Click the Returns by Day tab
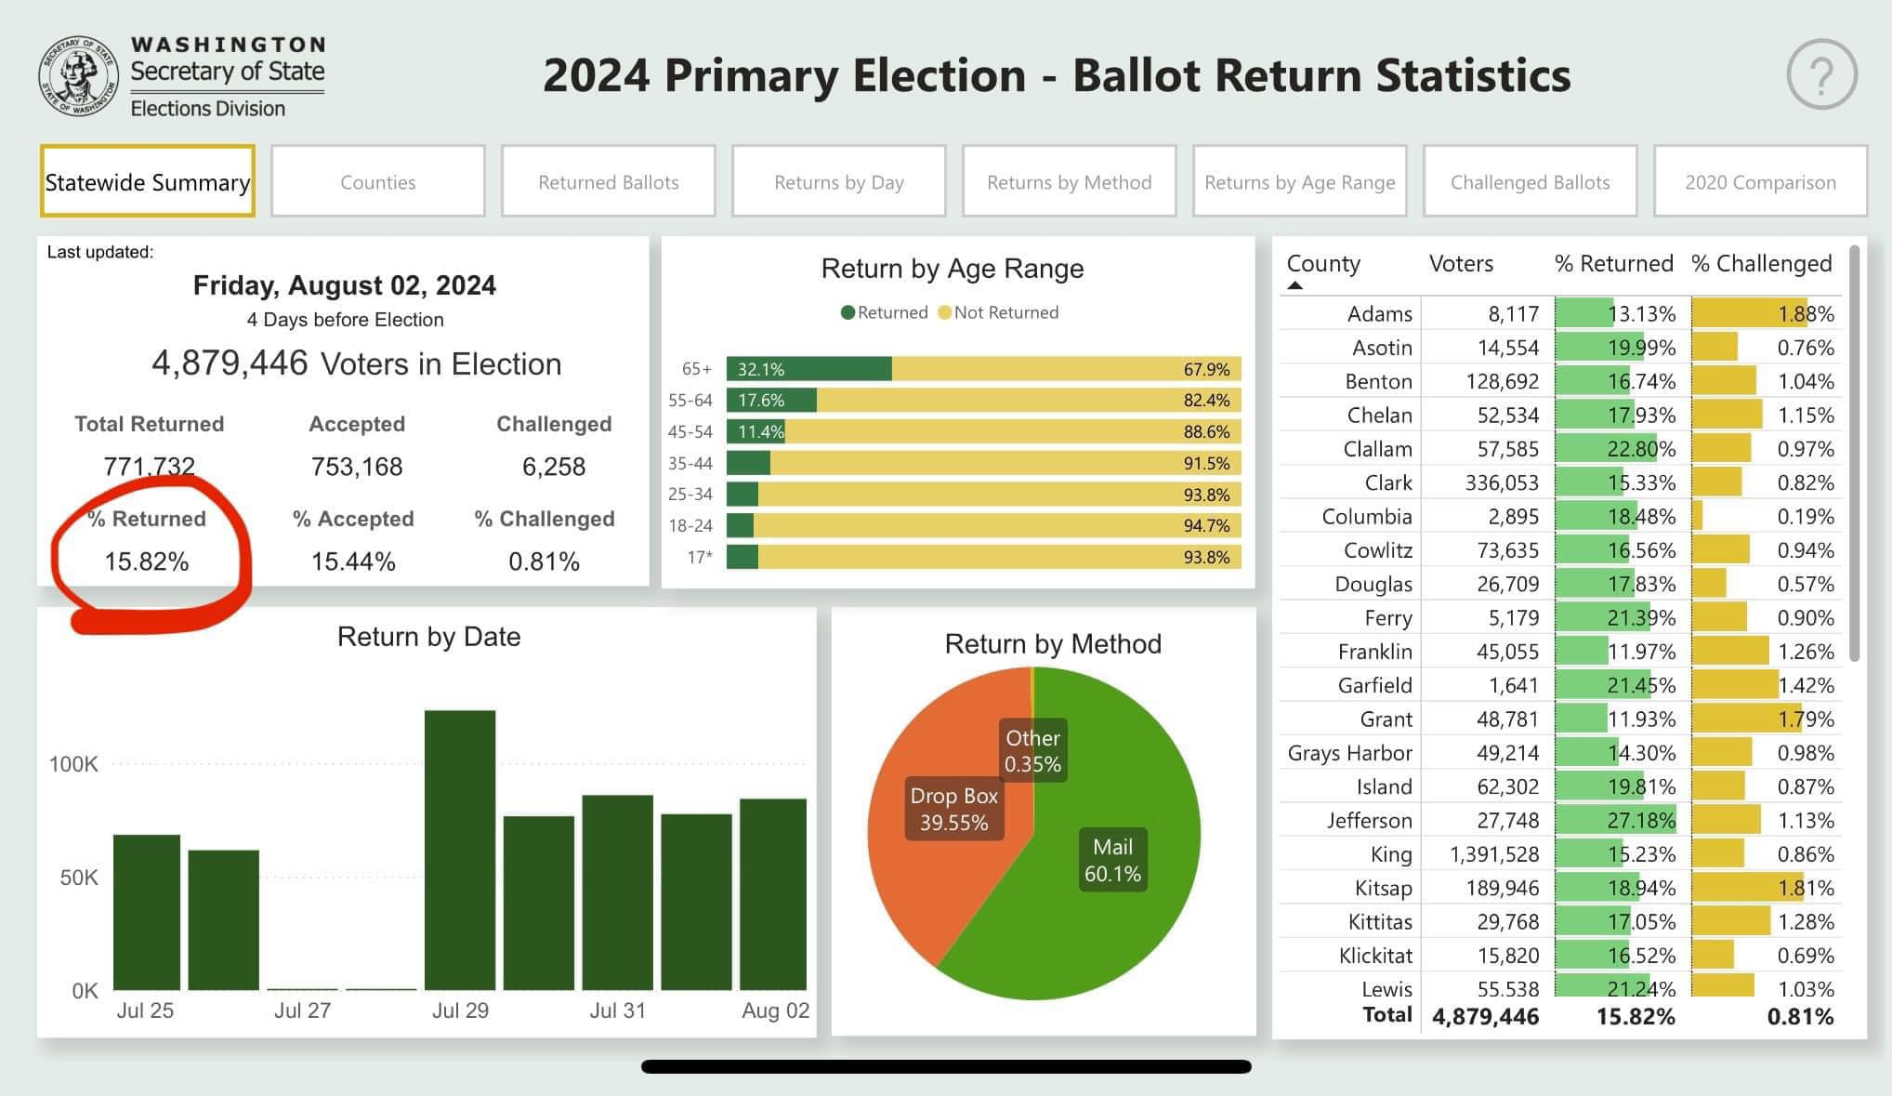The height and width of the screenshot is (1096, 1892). (x=838, y=181)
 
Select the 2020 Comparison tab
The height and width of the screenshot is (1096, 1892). (x=1760, y=181)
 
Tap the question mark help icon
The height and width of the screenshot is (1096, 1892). (x=1820, y=74)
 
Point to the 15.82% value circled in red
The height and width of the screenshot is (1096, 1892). (x=147, y=561)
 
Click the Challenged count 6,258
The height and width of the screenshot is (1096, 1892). (x=554, y=467)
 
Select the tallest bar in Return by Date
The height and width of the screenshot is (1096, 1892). (x=460, y=850)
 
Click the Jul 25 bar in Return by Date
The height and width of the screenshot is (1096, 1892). (x=147, y=911)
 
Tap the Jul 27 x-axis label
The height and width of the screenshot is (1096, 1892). (x=302, y=1010)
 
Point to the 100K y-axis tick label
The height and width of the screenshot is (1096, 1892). (x=73, y=764)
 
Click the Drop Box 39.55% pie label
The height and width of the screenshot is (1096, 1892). (x=953, y=809)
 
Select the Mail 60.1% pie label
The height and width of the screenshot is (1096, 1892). (x=1112, y=860)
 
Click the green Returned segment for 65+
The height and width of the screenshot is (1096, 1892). (x=808, y=369)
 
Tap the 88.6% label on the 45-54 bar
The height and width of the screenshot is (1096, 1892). (x=1206, y=431)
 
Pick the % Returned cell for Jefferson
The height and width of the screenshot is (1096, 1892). (x=1615, y=820)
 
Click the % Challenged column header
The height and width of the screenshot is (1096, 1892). (x=1761, y=264)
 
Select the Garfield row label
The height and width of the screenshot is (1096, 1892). (x=1374, y=685)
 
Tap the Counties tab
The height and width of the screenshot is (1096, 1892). (x=377, y=181)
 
